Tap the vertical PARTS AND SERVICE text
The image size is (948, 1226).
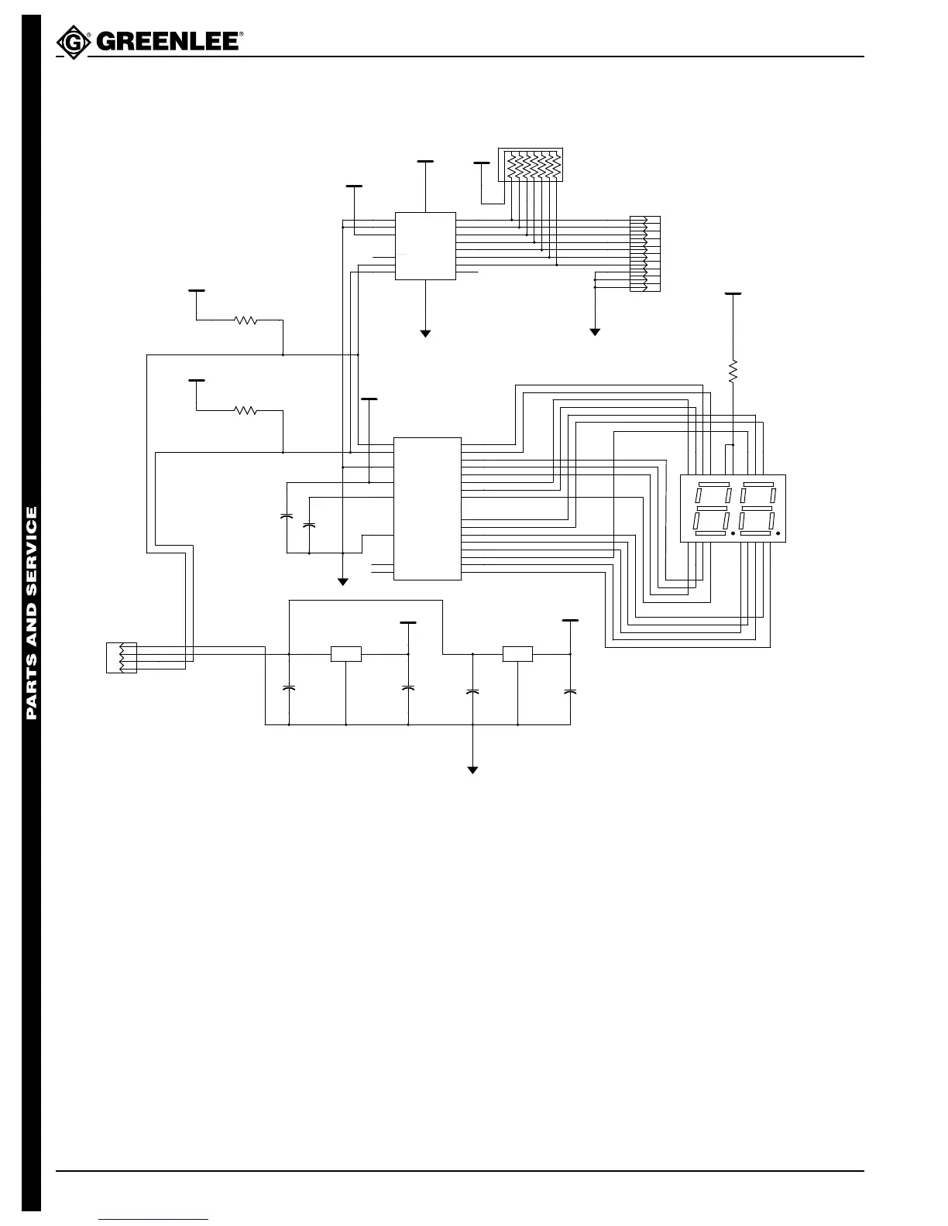click(32, 612)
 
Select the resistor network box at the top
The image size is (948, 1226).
click(530, 165)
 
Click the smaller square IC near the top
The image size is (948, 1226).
click(425, 245)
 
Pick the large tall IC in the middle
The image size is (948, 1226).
click(428, 508)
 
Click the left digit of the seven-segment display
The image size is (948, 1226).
click(713, 509)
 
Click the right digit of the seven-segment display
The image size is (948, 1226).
click(757, 509)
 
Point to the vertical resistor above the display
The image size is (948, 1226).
click(733, 372)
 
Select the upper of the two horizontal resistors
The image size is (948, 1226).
click(246, 320)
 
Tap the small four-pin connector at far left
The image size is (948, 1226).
click(122, 657)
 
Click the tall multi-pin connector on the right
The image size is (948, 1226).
click(645, 254)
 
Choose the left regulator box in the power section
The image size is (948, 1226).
click(346, 654)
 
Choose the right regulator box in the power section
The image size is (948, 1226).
click(517, 654)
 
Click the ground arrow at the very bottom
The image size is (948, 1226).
click(472, 769)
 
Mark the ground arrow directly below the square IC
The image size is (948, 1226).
click(425, 333)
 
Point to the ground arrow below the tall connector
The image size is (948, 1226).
click(595, 332)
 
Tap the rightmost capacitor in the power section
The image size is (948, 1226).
click(571, 690)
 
